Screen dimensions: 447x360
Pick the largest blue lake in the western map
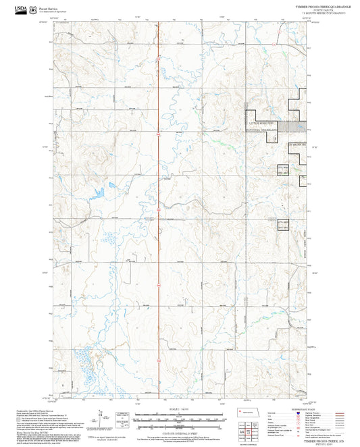(x=97, y=192)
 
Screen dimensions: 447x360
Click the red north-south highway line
(x=158, y=203)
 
